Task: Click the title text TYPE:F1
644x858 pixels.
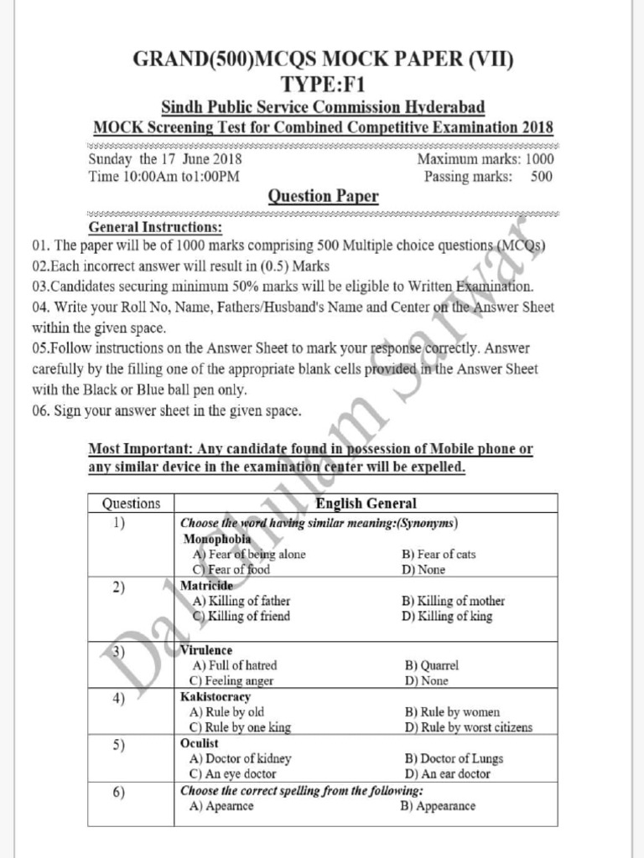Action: pyautogui.click(x=323, y=84)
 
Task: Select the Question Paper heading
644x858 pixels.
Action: pyautogui.click(x=323, y=197)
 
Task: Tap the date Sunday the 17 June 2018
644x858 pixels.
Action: pyautogui.click(x=165, y=158)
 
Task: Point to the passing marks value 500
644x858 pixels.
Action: pyautogui.click(x=541, y=176)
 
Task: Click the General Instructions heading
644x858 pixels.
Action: pyautogui.click(x=155, y=227)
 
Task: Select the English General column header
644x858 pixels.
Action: pyautogui.click(x=365, y=504)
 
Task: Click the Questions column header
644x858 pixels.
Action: pyautogui.click(x=131, y=504)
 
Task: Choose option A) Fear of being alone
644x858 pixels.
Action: pyautogui.click(x=249, y=554)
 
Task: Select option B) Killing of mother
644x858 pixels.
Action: pyautogui.click(x=453, y=601)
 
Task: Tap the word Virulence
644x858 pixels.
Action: pyautogui.click(x=206, y=650)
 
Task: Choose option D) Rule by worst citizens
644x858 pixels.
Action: pyautogui.click(x=468, y=727)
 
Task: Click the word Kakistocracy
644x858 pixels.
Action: pyautogui.click(x=216, y=696)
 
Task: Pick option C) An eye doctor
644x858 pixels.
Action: pyautogui.click(x=233, y=774)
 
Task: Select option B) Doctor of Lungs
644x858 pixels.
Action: pyautogui.click(x=454, y=758)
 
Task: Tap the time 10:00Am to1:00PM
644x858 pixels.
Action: pyautogui.click(x=164, y=176)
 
